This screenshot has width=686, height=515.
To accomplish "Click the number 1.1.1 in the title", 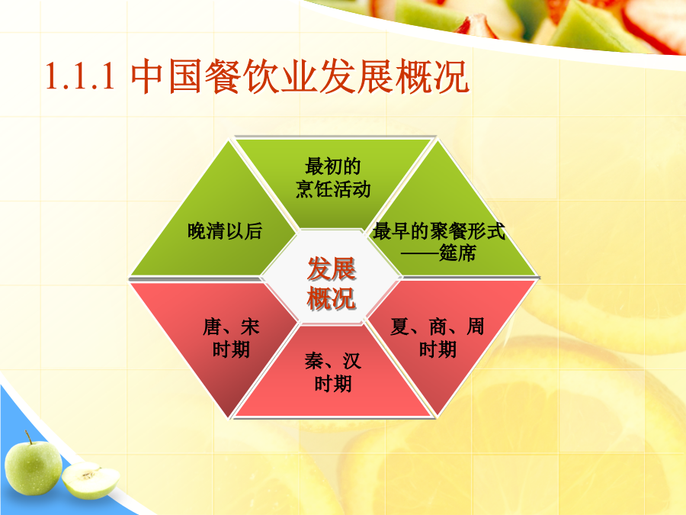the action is click(x=81, y=76).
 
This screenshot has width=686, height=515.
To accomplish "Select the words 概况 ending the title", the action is click(x=432, y=76).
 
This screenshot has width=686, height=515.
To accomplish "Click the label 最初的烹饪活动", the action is click(x=333, y=178).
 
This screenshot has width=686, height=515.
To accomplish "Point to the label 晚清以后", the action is click(x=225, y=231).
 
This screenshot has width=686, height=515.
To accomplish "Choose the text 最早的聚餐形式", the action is click(x=439, y=231).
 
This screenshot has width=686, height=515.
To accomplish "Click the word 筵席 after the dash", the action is click(x=457, y=253).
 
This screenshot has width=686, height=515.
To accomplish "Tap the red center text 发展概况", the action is click(x=332, y=283).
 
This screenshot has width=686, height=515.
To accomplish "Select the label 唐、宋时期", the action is click(x=231, y=338).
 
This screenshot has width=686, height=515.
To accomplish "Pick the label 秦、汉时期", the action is click(x=333, y=372).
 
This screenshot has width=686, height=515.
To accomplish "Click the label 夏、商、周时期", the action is click(x=438, y=338).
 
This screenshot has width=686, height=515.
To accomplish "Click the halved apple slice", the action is click(x=91, y=481).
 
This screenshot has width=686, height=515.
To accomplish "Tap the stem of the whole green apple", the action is click(x=28, y=437).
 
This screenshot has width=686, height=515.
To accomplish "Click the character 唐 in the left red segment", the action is click(x=212, y=327).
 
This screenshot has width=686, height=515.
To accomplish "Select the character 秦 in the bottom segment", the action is click(x=314, y=362).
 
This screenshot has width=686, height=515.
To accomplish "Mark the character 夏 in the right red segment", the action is click(x=399, y=327).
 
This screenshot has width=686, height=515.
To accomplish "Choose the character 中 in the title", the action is click(x=149, y=76).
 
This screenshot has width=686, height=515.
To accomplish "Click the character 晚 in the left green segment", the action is click(x=197, y=231).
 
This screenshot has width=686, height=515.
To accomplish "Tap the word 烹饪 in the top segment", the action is click(x=314, y=189).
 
